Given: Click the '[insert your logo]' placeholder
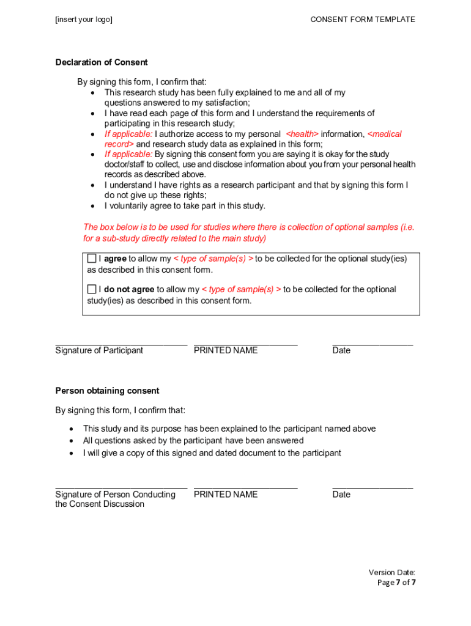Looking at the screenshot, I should click(x=84, y=20).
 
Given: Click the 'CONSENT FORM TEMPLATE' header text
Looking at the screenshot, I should click(x=362, y=20).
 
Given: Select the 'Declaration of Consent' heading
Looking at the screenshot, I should click(x=102, y=62).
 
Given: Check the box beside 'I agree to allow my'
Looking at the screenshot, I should click(x=92, y=259).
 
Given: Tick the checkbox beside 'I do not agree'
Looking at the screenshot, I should click(x=92, y=289).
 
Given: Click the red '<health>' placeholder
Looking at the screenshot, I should click(x=302, y=134).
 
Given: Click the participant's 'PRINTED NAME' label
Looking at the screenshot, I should click(x=226, y=350).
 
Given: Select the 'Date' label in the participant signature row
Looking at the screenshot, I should click(x=341, y=350).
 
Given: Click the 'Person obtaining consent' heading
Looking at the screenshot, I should click(x=107, y=391).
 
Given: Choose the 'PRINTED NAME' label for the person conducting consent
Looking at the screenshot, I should click(x=226, y=494).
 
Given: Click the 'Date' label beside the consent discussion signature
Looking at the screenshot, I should click(x=341, y=494).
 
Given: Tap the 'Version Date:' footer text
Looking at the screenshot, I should click(x=391, y=572).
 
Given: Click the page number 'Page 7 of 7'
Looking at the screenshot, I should click(x=396, y=583).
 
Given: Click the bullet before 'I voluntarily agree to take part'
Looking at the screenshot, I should click(x=92, y=206).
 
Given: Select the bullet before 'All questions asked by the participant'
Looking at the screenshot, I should click(x=72, y=441).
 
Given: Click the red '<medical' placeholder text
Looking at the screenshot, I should click(x=384, y=134).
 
